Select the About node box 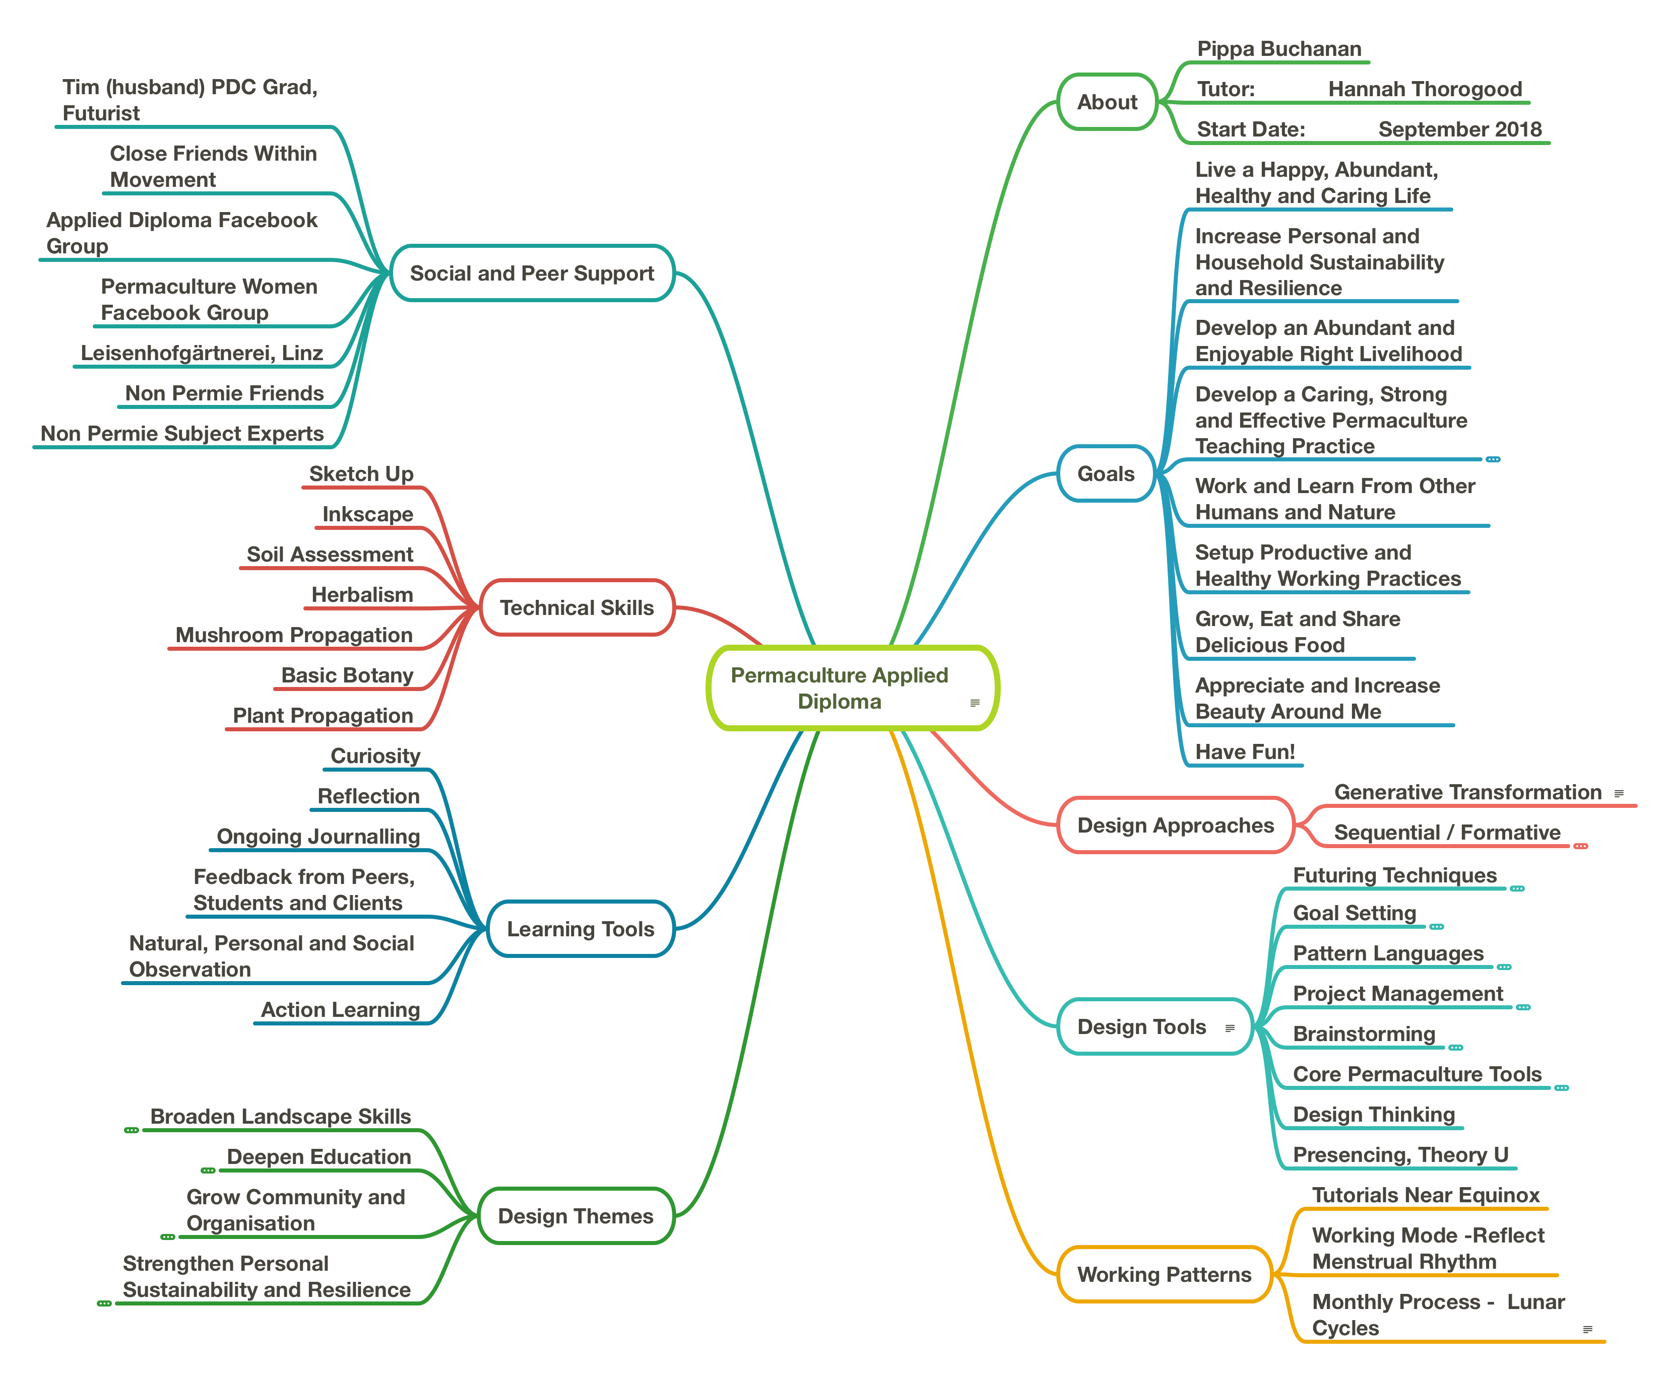1107,102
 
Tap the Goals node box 1106,474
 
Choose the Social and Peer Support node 532,273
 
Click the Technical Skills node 576,608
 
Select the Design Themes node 575,1216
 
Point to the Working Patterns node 1164,1275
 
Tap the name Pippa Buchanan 1278,49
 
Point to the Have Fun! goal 1245,751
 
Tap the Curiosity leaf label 375,756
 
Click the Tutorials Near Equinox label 1425,1195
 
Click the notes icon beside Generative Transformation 1619,793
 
